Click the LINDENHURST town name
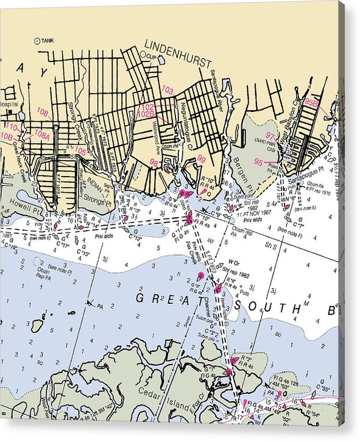178,54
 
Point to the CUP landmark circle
143,54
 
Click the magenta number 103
168,90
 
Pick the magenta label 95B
311,103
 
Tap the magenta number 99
201,159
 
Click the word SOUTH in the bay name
267,307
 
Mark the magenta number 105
80,150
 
